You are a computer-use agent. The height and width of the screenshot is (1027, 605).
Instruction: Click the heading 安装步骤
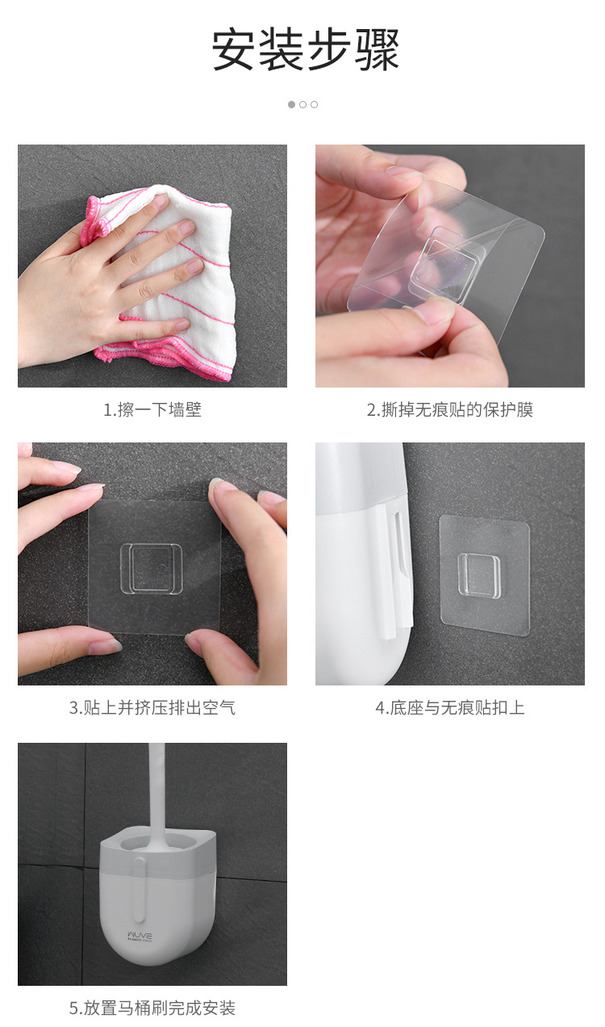tap(305, 49)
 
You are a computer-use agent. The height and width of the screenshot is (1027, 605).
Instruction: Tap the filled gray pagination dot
tap(291, 104)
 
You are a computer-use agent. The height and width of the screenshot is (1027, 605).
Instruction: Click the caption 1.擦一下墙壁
tap(152, 409)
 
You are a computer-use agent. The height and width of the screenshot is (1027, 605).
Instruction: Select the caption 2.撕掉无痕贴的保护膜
tap(450, 409)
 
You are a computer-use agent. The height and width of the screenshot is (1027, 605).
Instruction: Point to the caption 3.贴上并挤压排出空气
tap(152, 707)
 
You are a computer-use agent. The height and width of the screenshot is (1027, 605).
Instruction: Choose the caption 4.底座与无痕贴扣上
tap(450, 707)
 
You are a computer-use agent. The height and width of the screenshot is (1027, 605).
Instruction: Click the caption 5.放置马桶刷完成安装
tap(152, 1008)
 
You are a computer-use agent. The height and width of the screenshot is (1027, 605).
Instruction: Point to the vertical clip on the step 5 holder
tap(140, 890)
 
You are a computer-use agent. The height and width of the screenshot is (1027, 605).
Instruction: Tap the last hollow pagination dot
tap(314, 104)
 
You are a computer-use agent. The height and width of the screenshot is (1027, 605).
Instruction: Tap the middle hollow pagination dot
tap(302, 104)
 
